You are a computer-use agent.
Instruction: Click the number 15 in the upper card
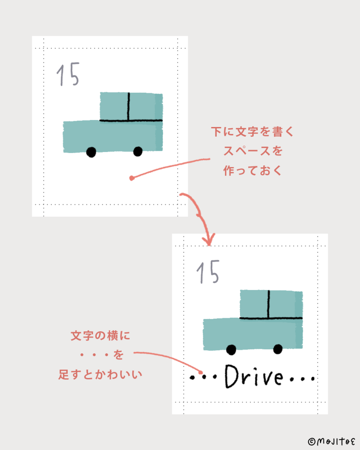pyautogui.click(x=68, y=74)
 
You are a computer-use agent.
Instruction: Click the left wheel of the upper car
pyautogui.click(x=91, y=152)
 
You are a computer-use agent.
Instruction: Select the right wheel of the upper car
pyautogui.click(x=138, y=151)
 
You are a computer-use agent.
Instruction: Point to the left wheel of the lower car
pyautogui.click(x=231, y=350)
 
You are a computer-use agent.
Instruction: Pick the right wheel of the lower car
pyautogui.click(x=278, y=349)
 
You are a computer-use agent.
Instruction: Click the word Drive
pyautogui.click(x=254, y=377)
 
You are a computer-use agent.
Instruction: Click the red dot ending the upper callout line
pyautogui.click(x=132, y=178)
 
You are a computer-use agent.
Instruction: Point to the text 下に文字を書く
pyautogui.click(x=252, y=132)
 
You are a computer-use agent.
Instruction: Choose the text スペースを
pyautogui.click(x=253, y=151)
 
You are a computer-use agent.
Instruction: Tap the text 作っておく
pyautogui.click(x=253, y=171)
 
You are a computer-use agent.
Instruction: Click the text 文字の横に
pyautogui.click(x=101, y=335)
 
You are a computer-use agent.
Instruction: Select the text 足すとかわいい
pyautogui.click(x=100, y=374)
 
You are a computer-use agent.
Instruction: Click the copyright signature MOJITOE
pyautogui.click(x=331, y=441)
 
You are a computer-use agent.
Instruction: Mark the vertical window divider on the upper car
pyautogui.click(x=129, y=106)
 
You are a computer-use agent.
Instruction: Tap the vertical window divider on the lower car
pyautogui.click(x=269, y=304)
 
